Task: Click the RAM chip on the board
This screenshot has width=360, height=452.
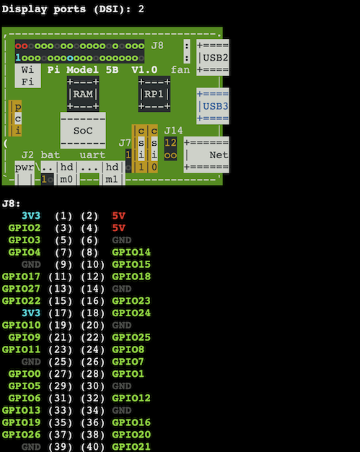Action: tap(83, 94)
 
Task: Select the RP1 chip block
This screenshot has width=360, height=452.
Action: tap(154, 94)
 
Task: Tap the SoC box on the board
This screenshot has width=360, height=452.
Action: tap(83, 131)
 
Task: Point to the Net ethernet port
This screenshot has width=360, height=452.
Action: tap(206, 155)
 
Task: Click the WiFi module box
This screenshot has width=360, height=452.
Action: tap(27, 76)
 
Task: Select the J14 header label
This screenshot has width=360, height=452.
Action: tap(173, 131)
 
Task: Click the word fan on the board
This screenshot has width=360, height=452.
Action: tap(180, 70)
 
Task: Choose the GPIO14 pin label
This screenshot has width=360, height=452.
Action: tap(131, 252)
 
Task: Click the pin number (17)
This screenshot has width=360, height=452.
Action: tap(60, 313)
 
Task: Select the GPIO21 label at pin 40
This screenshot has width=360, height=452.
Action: tap(131, 446)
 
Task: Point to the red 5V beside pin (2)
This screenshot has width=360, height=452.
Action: tap(118, 216)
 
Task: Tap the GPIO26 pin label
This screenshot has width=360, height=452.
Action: tap(22, 435)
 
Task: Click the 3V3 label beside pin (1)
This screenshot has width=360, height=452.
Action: tap(31, 216)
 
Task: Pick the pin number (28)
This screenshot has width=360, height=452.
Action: tap(92, 374)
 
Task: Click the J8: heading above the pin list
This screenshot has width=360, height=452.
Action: tap(12, 204)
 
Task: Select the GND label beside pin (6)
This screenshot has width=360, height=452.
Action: tap(122, 240)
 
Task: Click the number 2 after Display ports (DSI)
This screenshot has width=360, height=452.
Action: tap(141, 9)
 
